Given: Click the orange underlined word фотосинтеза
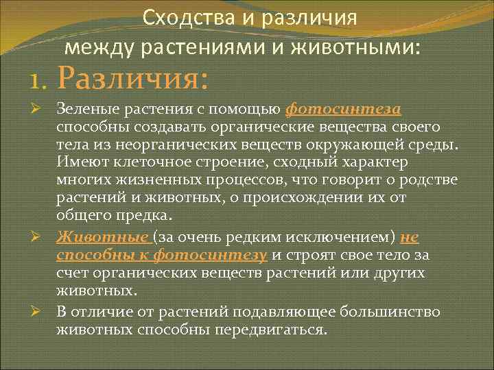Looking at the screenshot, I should [343, 110].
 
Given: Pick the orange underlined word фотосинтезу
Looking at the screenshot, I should [210, 256].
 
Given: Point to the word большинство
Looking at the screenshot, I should [392, 312].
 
